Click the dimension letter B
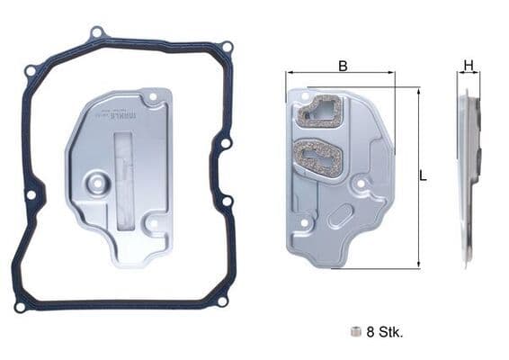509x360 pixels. coord(343,66)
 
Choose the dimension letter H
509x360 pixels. coord(468,65)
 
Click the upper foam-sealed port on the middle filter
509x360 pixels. coord(319,113)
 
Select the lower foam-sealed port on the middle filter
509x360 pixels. coord(316,161)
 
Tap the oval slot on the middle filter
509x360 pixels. coord(340,217)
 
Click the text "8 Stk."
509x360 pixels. coord(385,332)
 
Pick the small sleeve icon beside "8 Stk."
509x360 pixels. coord(357,331)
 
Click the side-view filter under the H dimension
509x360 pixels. coord(468,175)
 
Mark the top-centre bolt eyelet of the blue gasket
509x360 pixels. coord(97,33)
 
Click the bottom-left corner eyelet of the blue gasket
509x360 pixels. coord(20,307)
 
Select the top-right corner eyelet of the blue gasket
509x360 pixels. coord(227,47)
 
